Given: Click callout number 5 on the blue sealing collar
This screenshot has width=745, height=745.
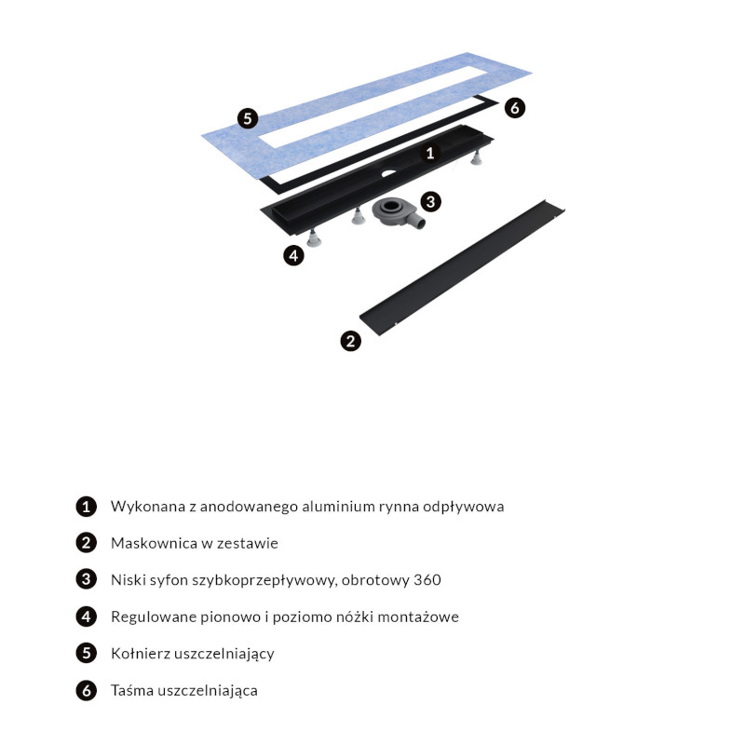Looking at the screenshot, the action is tap(248, 118).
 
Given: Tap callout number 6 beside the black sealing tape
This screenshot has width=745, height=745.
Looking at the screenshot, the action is tap(515, 108).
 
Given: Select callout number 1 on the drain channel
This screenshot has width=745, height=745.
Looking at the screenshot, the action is tap(430, 153).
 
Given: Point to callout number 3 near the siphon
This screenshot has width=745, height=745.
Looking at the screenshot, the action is tap(431, 202).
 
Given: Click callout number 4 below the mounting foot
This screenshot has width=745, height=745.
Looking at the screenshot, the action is tap(293, 255).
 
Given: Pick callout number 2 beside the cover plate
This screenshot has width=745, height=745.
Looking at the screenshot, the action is tap(351, 341).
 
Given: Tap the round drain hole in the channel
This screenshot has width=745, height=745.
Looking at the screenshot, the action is tap(388, 173).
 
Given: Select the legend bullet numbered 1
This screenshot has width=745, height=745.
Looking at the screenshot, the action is tap(86, 507).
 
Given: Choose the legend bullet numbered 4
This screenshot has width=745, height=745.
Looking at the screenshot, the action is tap(86, 616).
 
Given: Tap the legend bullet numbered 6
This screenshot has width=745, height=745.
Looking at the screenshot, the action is tap(86, 690).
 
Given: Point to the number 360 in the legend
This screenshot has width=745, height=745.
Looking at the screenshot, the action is tap(427, 580).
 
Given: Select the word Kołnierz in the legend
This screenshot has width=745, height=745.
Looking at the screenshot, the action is tap(141, 654).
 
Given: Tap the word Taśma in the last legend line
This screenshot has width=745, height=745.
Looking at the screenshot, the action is tap(131, 690).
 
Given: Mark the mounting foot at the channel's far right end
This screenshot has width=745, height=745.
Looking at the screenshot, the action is tap(476, 157).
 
